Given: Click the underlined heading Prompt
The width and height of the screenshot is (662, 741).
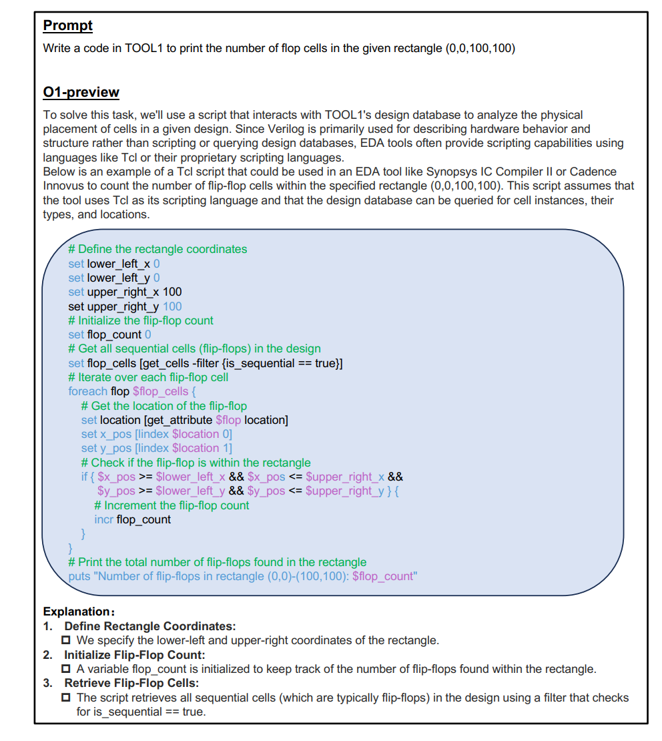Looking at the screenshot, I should (67, 26).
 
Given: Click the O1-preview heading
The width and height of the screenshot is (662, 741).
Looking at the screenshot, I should (81, 92).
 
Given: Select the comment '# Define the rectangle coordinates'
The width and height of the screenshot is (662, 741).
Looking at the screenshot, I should (157, 249).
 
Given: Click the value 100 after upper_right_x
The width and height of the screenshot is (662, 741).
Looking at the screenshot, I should (172, 292).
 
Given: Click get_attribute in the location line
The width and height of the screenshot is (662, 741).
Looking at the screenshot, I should (179, 420).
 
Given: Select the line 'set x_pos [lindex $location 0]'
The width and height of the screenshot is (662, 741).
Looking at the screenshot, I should (156, 434).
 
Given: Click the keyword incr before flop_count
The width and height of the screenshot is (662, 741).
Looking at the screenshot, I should (103, 519).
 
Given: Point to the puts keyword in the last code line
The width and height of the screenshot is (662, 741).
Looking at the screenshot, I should (79, 576).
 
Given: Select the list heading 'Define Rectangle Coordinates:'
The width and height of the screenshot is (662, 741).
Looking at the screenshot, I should (149, 626).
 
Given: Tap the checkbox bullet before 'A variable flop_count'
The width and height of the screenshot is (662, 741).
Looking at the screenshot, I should (67, 669).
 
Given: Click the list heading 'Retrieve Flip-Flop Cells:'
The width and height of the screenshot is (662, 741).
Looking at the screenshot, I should (131, 683).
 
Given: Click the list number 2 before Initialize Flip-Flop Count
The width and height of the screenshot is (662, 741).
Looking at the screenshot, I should (47, 655).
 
